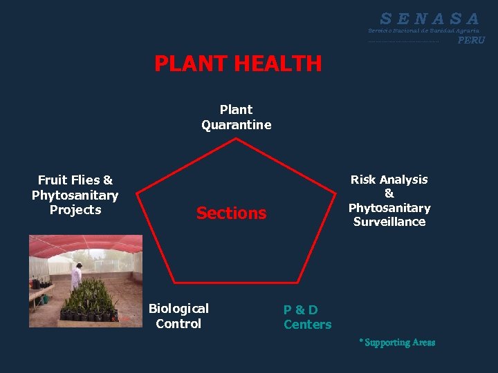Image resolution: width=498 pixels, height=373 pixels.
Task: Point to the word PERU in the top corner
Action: [x=471, y=40]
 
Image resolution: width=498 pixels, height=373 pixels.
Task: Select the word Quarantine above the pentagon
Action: [x=237, y=125]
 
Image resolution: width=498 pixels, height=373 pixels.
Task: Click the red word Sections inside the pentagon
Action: [x=231, y=213]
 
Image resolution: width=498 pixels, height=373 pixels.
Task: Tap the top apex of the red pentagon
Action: [x=237, y=139]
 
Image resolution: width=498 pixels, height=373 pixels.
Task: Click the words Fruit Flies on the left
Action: [x=75, y=180]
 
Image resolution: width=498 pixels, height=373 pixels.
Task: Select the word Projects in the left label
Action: [x=75, y=210]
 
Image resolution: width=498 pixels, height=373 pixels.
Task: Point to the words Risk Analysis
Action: [x=389, y=180]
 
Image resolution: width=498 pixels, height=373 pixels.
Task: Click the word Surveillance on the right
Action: [x=389, y=222]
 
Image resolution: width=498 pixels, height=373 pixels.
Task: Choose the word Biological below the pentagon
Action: [x=178, y=308]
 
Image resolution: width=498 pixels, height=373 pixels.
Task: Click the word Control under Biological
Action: [x=178, y=323]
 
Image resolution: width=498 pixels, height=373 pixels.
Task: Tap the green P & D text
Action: [x=301, y=309]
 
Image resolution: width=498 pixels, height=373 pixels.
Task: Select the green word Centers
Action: [x=308, y=325]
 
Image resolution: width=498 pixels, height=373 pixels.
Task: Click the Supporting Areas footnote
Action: [x=397, y=343]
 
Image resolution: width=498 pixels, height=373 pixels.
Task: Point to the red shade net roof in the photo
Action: [x=83, y=245]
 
